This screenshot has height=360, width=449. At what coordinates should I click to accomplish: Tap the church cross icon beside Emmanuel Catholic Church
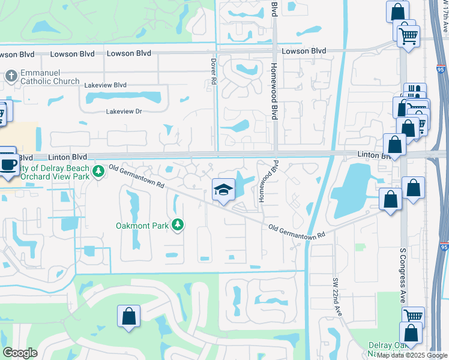tap(10, 76)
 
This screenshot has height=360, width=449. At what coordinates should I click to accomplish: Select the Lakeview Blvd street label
tap(106, 86)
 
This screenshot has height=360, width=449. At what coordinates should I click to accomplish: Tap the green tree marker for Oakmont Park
tap(177, 225)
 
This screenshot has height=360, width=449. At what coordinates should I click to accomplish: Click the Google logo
tap(20, 353)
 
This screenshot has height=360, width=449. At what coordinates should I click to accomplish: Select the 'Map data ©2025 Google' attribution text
tap(412, 355)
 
